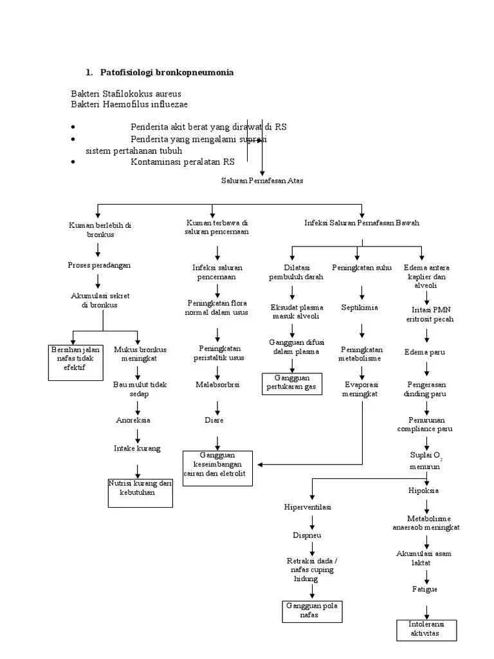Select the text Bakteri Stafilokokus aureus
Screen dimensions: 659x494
[x=125, y=94]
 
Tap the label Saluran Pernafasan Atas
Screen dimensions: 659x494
[x=262, y=181]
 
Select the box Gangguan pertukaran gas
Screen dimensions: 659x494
[x=291, y=382]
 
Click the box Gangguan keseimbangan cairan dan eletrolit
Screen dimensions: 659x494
[x=219, y=468]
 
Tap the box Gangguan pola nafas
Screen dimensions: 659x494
[x=313, y=610]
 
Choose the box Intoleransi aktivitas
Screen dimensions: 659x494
[x=425, y=630]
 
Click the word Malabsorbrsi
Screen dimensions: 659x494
[x=217, y=384]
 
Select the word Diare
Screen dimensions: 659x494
[x=214, y=420]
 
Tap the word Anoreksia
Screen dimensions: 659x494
[x=133, y=420]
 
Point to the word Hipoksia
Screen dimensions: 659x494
[x=423, y=490]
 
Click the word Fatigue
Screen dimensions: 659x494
[x=424, y=589]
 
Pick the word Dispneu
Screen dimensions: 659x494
[x=307, y=535]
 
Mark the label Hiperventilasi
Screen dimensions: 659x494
[x=307, y=507]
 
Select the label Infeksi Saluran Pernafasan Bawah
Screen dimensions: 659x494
[x=361, y=223]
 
